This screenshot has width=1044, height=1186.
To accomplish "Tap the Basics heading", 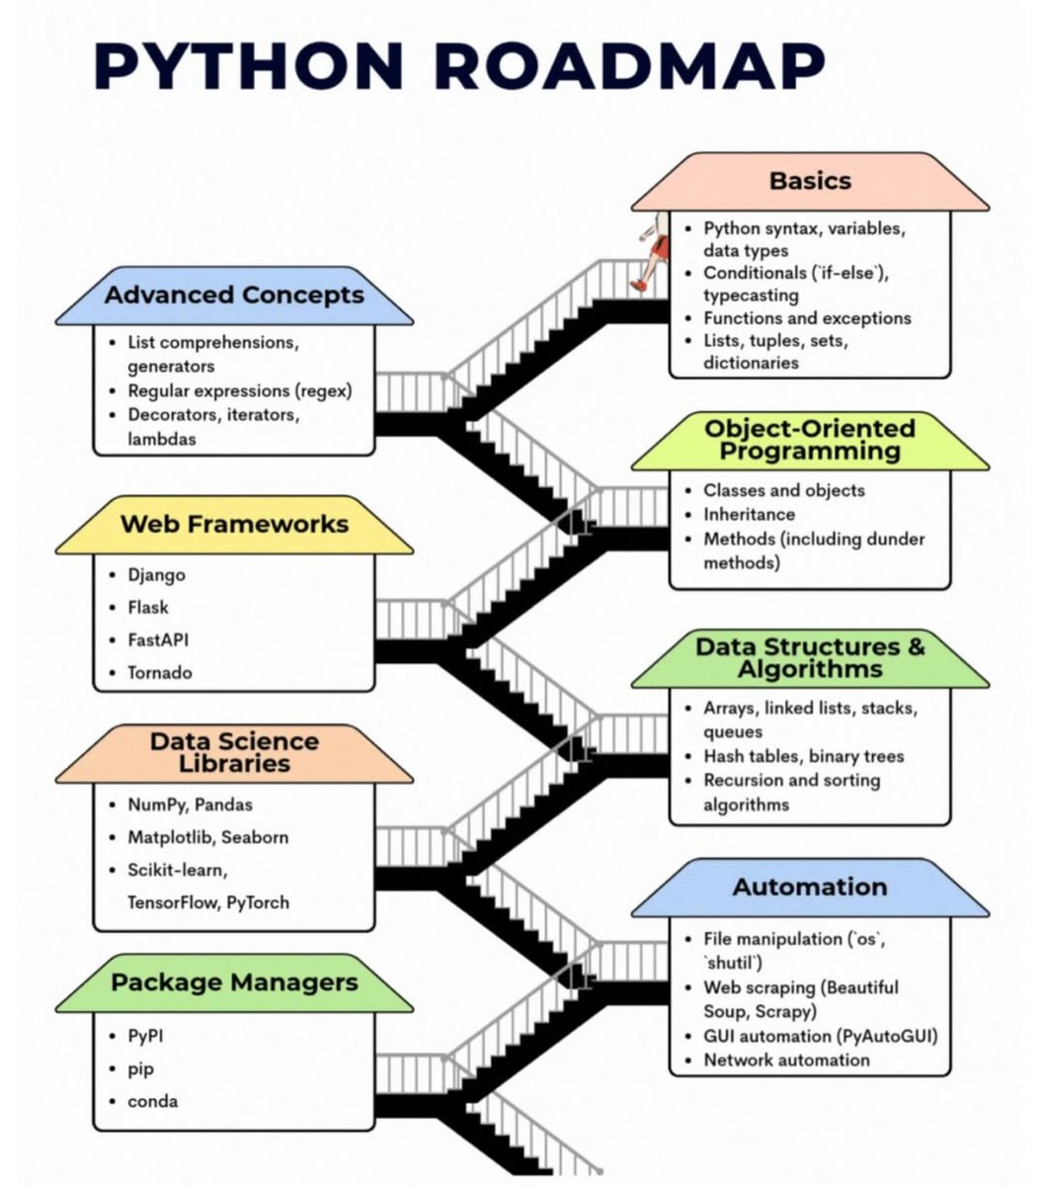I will pos(810,181).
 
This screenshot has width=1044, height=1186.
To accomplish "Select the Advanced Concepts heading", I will pos(234,296).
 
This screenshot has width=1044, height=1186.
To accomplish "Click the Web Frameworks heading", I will pos(234,524).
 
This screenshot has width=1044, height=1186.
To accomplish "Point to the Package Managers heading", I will pos(234,982).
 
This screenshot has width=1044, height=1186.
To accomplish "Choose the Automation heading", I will pos(810,888).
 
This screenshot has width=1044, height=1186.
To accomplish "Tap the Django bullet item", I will pos(156,575).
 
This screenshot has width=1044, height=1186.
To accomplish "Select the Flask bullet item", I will pos(148,608).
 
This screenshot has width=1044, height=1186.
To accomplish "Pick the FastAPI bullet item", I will pos(158,640).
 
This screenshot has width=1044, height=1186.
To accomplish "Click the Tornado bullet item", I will pos(160,673).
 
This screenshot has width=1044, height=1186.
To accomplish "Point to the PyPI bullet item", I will pos(147,1037).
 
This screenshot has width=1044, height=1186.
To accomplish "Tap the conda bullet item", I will pos(153,1101).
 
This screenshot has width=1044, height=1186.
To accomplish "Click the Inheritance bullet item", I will pos(749,515).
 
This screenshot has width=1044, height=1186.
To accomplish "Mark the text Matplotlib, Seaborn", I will pos(207,838).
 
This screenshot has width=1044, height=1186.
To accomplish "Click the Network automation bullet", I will pos(786,1060).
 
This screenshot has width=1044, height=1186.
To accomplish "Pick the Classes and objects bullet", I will pos(783,490).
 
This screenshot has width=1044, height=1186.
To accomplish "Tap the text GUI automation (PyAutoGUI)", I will pos(820,1036).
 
